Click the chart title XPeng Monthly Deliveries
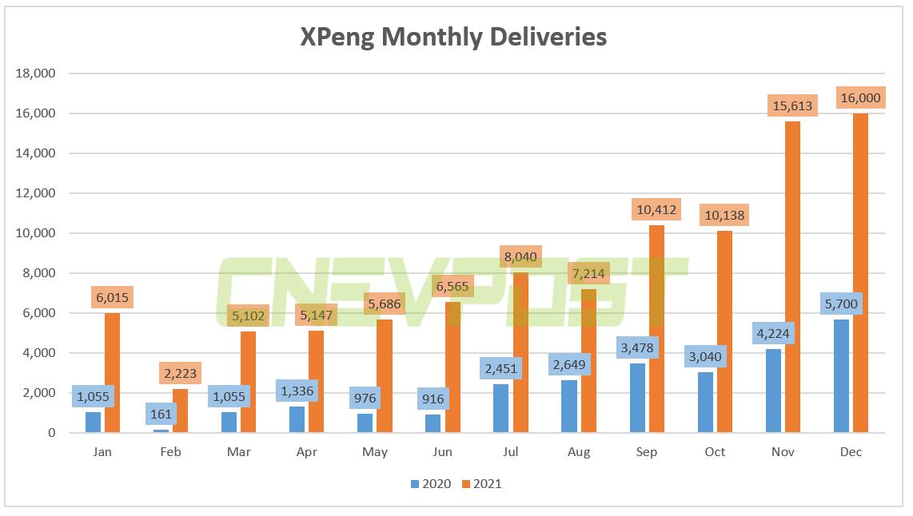(x=453, y=37)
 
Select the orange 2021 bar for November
(x=791, y=280)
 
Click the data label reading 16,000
(x=860, y=97)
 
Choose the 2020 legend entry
(x=431, y=483)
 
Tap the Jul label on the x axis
(x=511, y=452)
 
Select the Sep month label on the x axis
(x=647, y=452)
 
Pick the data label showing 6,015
(x=111, y=297)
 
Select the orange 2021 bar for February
(x=180, y=411)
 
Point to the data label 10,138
(x=724, y=214)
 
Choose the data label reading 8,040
(x=520, y=257)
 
